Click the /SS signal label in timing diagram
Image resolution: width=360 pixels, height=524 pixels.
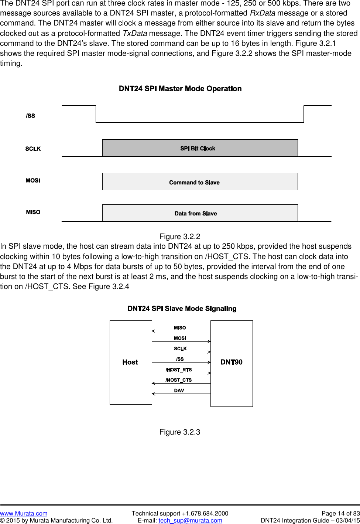[31, 116]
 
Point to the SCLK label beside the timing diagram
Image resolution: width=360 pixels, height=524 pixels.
[33, 149]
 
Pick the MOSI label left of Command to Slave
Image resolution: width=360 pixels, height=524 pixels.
[33, 180]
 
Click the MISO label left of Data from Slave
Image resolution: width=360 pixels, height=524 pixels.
[33, 212]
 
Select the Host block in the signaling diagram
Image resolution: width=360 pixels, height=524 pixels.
[131, 362]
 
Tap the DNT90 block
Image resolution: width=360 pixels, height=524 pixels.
[232, 362]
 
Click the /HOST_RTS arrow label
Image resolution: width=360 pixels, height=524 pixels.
[179, 370]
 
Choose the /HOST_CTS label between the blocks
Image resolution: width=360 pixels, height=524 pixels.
[179, 380]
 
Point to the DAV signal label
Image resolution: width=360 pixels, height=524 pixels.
[179, 390]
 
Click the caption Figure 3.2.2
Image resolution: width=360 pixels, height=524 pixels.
[180, 237]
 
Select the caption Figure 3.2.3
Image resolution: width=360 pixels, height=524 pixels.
[180, 432]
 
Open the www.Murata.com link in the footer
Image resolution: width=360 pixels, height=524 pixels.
[24, 513]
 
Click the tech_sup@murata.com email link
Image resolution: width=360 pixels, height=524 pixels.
[190, 520]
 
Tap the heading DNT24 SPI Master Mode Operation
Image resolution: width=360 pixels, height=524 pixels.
[180, 89]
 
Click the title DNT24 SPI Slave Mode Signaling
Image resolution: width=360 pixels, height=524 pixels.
[182, 309]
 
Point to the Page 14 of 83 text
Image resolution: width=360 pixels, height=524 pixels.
[340, 513]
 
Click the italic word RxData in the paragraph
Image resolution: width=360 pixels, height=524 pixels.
[263, 13]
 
